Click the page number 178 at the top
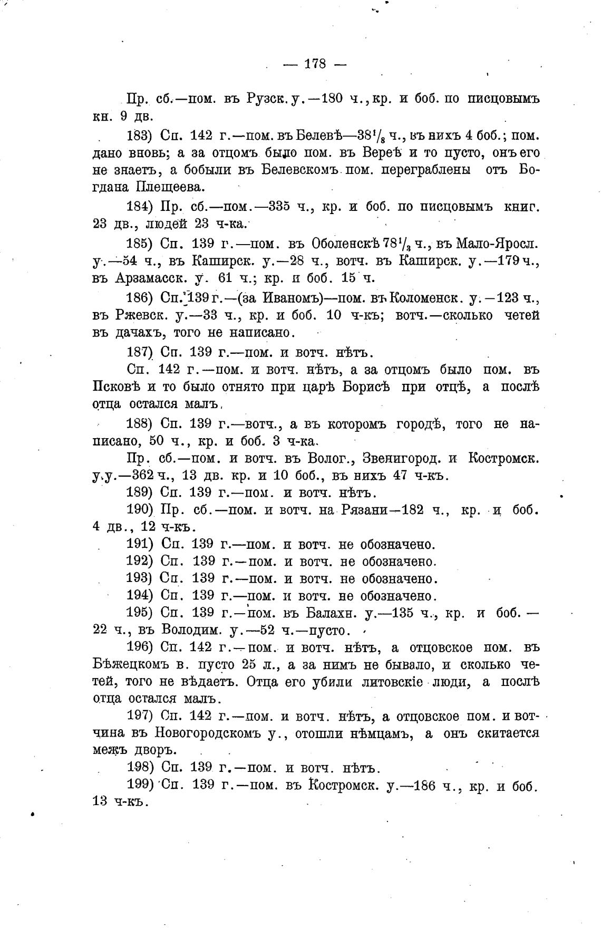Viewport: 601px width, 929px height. [x=315, y=64]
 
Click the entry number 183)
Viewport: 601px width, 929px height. [x=139, y=136]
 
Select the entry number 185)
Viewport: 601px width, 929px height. [x=139, y=244]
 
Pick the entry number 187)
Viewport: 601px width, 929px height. [x=139, y=352]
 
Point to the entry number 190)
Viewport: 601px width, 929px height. [x=139, y=510]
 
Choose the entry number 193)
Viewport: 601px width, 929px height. [x=139, y=579]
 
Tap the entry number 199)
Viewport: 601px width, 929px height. [x=139, y=785]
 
